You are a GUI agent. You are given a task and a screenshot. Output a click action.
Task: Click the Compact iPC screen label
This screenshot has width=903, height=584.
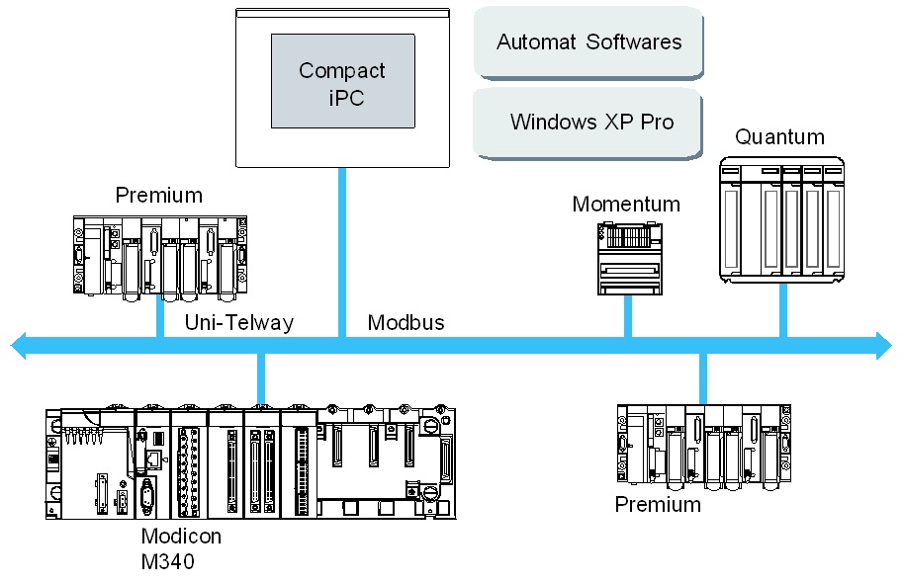[x=342, y=83]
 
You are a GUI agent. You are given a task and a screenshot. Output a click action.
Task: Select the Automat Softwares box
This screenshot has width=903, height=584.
[x=588, y=42]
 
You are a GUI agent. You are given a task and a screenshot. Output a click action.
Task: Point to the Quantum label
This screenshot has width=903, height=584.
[x=779, y=136]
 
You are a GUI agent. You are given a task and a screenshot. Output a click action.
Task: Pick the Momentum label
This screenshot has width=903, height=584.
[x=626, y=205]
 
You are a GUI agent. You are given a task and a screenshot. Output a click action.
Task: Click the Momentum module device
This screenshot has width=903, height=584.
[x=627, y=258]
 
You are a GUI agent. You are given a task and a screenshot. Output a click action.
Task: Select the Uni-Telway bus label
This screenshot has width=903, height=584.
[x=239, y=322]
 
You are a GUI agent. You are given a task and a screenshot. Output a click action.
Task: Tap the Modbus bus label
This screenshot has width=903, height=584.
[x=406, y=322]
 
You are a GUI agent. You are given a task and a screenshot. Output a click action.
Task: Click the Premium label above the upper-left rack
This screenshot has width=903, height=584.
[x=158, y=195]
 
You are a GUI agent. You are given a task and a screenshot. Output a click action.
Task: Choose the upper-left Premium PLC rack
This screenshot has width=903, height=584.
[x=159, y=254]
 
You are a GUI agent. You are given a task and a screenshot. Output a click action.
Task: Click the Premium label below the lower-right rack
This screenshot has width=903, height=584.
[x=658, y=504]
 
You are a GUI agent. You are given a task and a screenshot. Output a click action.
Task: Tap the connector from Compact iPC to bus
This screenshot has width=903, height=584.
[x=342, y=252]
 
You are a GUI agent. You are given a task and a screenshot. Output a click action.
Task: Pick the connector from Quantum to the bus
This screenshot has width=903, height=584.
[x=783, y=308]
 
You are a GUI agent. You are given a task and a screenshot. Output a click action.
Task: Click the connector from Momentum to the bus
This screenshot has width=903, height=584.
[x=627, y=316]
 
